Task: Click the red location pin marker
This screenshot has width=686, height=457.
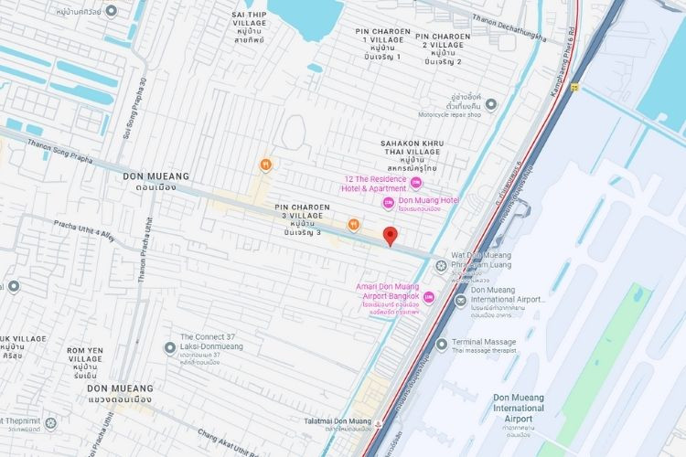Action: point(390,236)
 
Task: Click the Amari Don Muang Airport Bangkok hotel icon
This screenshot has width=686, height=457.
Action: point(429,296)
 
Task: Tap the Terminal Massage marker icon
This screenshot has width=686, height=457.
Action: point(442,345)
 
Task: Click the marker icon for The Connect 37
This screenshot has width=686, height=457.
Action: point(169,347)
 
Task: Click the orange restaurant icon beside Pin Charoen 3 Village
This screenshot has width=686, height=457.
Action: point(353,223)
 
